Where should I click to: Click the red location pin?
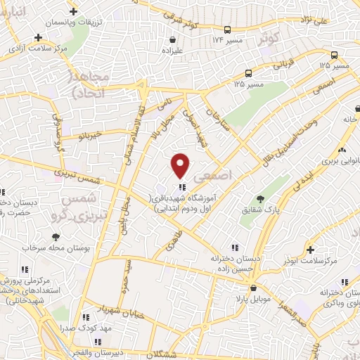pyautogui.click(x=181, y=165)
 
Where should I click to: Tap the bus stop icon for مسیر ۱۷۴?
pyautogui.click(x=227, y=30)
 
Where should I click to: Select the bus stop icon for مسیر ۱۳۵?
pyautogui.click(x=248, y=72)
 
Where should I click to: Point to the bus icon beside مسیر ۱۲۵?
pyautogui.click(x=334, y=55)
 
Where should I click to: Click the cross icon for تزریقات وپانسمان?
pyautogui.click(x=75, y=12)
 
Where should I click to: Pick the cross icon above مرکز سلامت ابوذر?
pyautogui.click(x=310, y=250)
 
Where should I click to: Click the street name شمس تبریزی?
pyautogui.click(x=66, y=173)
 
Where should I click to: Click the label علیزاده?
pyautogui.click(x=172, y=51)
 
